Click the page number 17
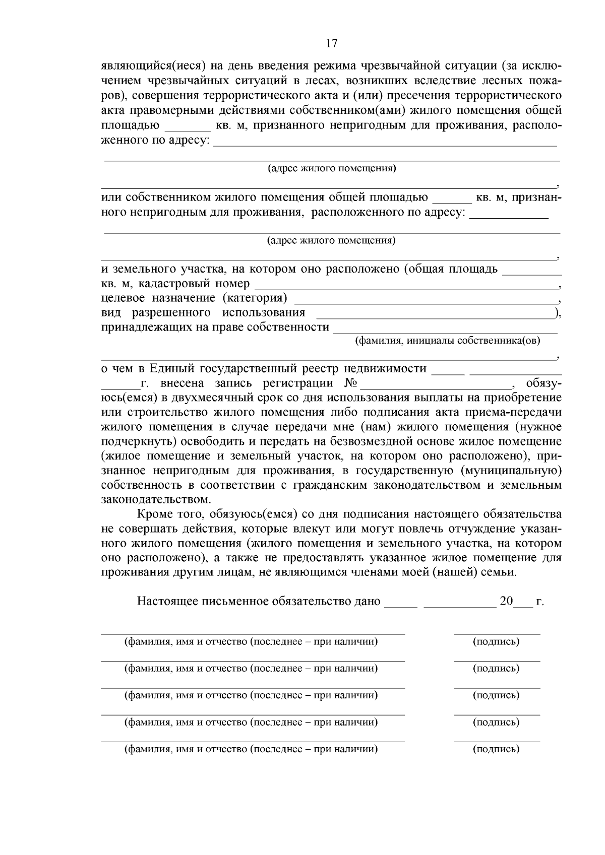click(x=331, y=43)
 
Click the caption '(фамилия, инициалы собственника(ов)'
click(x=447, y=341)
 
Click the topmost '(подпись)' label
click(x=496, y=642)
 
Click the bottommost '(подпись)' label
click(x=496, y=749)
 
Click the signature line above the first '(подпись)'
click(x=497, y=633)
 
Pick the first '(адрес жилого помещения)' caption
click(x=331, y=168)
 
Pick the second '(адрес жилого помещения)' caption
click(x=331, y=240)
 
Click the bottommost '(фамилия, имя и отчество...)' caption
click(x=251, y=749)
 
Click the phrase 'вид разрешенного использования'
click(x=203, y=313)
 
